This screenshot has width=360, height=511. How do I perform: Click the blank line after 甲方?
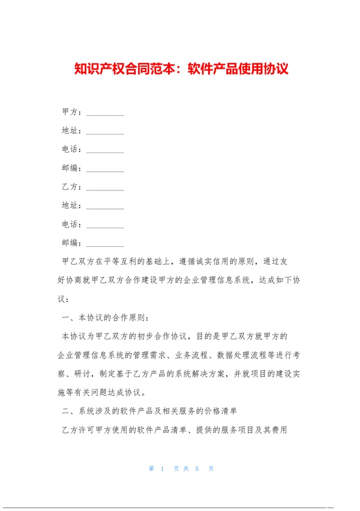pos(105,113)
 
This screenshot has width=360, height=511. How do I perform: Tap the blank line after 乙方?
pos(105,187)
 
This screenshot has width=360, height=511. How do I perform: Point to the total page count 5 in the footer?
pos(196,469)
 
